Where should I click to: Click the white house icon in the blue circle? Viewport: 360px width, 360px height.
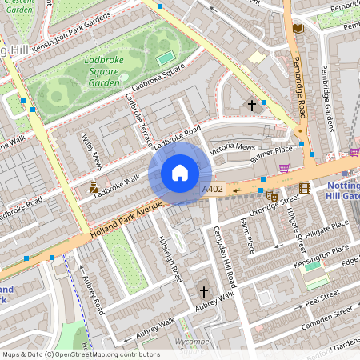(x=180, y=173)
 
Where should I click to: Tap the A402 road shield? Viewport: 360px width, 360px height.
(x=213, y=189)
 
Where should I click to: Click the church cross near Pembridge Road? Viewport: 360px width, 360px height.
(x=252, y=105)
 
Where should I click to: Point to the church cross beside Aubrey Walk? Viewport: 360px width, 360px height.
(x=203, y=293)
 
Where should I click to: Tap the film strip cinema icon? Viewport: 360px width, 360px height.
(x=304, y=189)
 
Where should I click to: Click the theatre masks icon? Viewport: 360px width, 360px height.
(x=272, y=195)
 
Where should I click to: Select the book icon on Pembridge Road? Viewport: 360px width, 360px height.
(x=298, y=29)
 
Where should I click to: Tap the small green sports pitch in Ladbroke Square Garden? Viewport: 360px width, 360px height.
(x=165, y=58)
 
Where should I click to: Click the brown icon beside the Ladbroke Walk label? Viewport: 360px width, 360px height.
(x=94, y=189)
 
